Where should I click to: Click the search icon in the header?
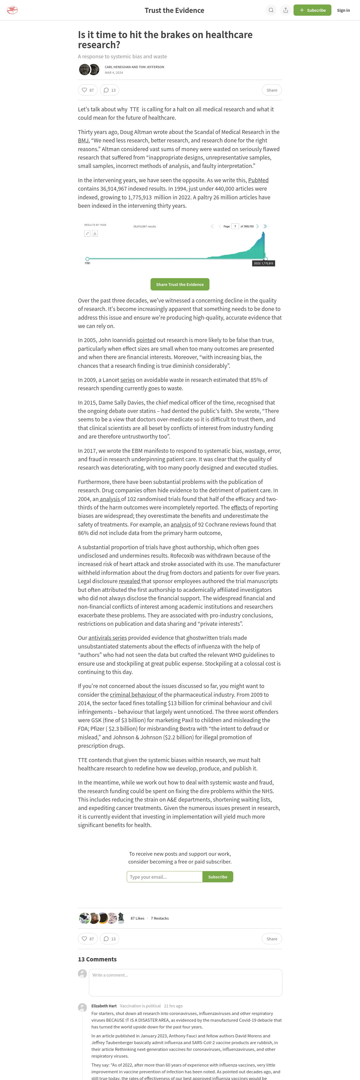pos(271,10)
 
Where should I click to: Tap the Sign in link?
pos(343,10)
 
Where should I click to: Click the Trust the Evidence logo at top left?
pos(13,10)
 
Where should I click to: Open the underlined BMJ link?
pos(83,140)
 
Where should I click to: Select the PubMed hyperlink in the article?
pos(258,180)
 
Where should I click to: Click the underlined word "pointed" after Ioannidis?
pos(146,340)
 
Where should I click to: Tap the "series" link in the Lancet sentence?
pos(127,380)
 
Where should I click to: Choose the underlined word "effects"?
pos(239,507)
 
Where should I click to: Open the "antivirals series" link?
pos(107,638)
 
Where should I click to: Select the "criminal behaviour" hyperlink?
pos(133,695)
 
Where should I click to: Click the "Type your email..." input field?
pos(164,877)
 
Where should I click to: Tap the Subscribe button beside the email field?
pos(218,877)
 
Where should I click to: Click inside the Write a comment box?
pos(185,982)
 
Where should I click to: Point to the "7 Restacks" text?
pos(160,918)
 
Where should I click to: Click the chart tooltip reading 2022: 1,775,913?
pos(264,263)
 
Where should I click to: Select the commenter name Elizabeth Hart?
pos(104,1006)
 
